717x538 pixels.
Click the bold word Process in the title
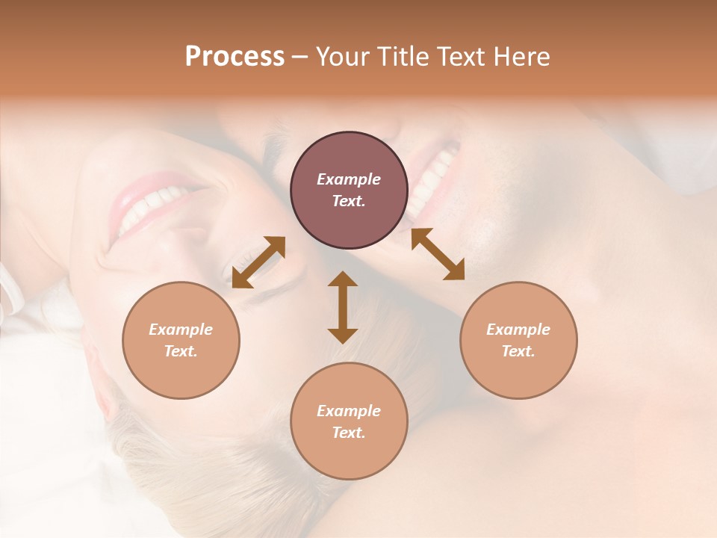(x=235, y=57)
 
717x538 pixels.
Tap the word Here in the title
(x=523, y=57)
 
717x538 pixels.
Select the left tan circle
(x=181, y=340)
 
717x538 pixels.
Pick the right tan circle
(x=518, y=340)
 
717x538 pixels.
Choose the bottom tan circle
(x=349, y=421)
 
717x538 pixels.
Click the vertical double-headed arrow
(x=343, y=307)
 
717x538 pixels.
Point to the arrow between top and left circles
(x=258, y=262)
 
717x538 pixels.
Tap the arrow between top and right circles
(x=438, y=254)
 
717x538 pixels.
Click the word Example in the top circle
(x=349, y=179)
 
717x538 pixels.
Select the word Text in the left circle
(x=180, y=351)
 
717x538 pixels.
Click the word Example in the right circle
(x=518, y=330)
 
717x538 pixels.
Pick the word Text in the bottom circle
(x=348, y=433)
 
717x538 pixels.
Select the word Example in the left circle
(x=181, y=330)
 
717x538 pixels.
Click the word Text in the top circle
(x=348, y=201)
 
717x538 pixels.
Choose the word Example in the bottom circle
(x=349, y=411)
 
